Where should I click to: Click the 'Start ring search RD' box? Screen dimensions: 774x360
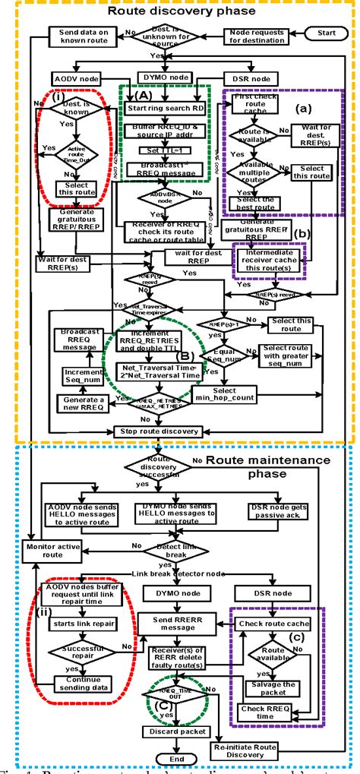click(163, 108)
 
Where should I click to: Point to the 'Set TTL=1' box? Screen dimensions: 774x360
click(164, 149)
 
